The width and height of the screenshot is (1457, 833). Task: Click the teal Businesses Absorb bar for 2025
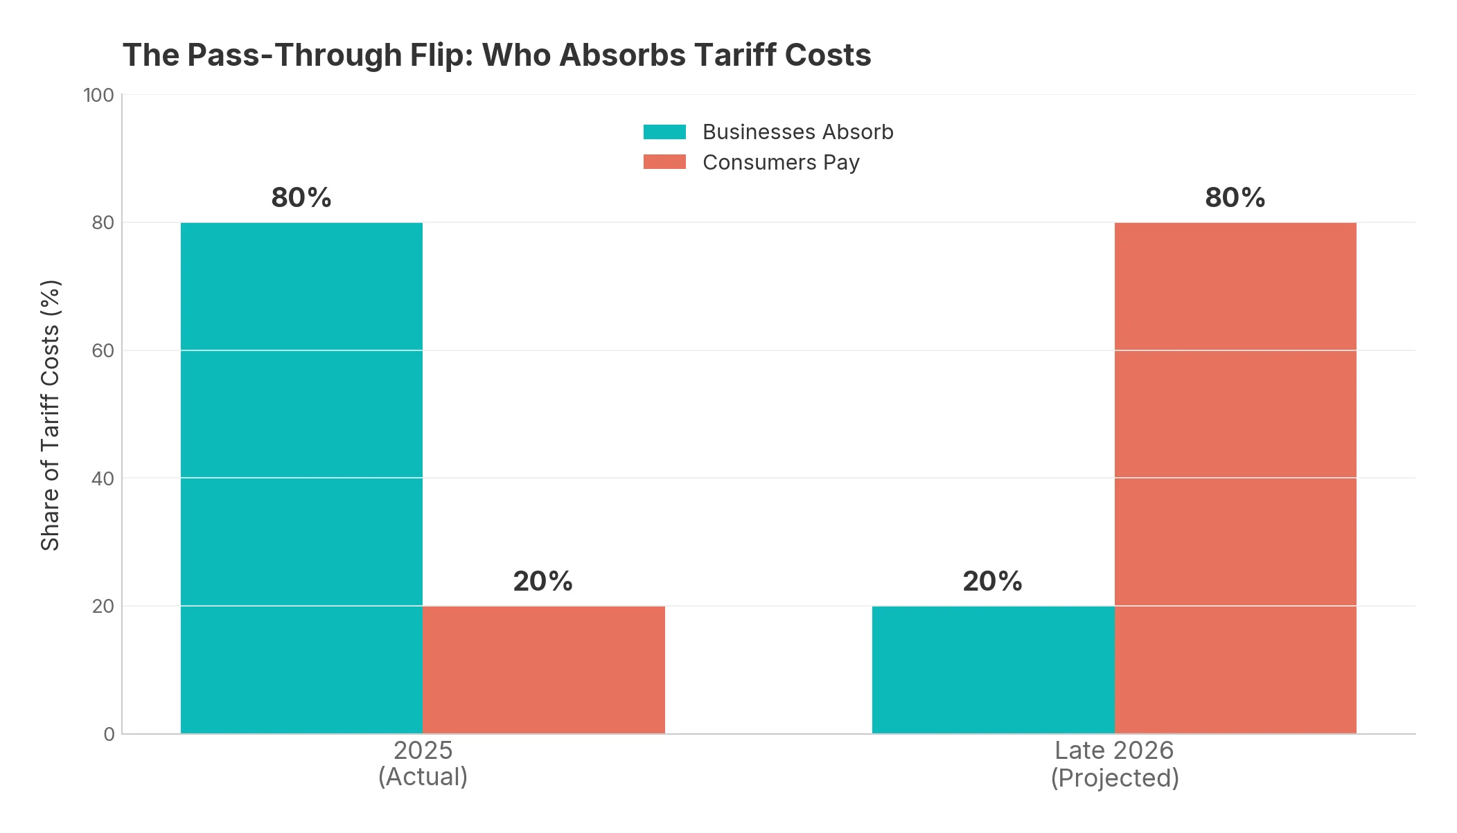click(301, 478)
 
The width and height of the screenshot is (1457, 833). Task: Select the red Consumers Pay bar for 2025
click(543, 670)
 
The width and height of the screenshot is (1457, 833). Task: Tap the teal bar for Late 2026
click(993, 670)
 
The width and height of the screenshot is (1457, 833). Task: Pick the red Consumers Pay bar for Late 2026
click(1235, 478)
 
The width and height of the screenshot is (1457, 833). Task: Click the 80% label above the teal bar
click(301, 198)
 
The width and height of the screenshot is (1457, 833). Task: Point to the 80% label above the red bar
click(1235, 198)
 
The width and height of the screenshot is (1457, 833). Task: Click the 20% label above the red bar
click(543, 582)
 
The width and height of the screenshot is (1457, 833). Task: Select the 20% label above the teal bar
click(993, 582)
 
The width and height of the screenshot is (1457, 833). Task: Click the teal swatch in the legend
click(664, 132)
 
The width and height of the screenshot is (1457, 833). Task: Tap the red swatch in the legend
click(664, 162)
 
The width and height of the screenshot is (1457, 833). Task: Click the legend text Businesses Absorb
click(797, 132)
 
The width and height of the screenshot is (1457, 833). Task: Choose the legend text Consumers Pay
click(781, 163)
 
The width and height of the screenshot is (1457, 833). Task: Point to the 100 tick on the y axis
click(98, 96)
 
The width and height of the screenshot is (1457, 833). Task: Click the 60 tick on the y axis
click(103, 351)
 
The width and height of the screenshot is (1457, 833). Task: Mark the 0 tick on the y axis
click(109, 734)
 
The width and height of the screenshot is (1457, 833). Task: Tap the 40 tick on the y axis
click(103, 478)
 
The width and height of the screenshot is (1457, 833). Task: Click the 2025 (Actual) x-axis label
click(423, 763)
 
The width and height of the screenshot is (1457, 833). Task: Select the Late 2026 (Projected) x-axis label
click(1114, 764)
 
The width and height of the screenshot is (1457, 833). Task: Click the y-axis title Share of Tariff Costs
click(51, 415)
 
